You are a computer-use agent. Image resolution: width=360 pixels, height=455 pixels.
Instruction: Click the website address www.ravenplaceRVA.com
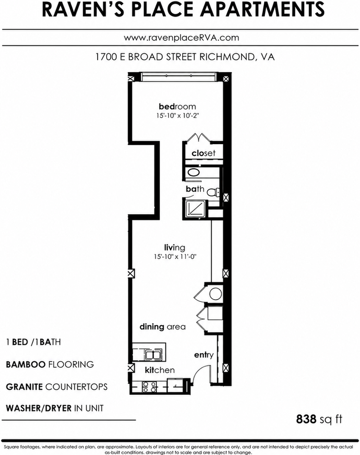pyautogui.click(x=182, y=38)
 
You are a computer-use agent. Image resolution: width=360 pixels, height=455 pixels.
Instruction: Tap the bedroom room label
pyautogui.click(x=177, y=107)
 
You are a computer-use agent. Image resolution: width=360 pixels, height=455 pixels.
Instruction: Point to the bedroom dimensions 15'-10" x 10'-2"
pyautogui.click(x=177, y=116)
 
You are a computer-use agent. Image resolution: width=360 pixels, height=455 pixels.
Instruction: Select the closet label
pyautogui.click(x=203, y=153)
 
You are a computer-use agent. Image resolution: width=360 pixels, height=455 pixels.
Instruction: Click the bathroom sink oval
pyautogui.click(x=194, y=173)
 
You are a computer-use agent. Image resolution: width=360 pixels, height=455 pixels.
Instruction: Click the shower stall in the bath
pyautogui.click(x=195, y=208)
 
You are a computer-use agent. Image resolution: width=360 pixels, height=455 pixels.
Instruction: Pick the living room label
pyautogui.click(x=175, y=248)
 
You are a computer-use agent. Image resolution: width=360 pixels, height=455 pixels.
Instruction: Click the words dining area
pyautogui.click(x=163, y=327)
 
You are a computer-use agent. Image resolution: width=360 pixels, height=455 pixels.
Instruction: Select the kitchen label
pyautogui.click(x=160, y=370)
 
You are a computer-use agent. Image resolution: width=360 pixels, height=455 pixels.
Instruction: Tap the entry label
pyautogui.click(x=204, y=355)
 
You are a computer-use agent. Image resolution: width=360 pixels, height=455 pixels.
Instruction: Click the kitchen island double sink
pyautogui.click(x=153, y=355)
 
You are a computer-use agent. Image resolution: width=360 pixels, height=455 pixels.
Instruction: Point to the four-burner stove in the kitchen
pyautogui.click(x=149, y=387)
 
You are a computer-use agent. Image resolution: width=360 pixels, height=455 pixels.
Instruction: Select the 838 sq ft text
pyautogui.click(x=319, y=419)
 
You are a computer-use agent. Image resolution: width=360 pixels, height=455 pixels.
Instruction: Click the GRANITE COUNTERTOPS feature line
pyautogui.click(x=56, y=387)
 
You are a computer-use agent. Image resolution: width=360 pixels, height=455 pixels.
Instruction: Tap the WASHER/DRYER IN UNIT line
pyautogui.click(x=55, y=408)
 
